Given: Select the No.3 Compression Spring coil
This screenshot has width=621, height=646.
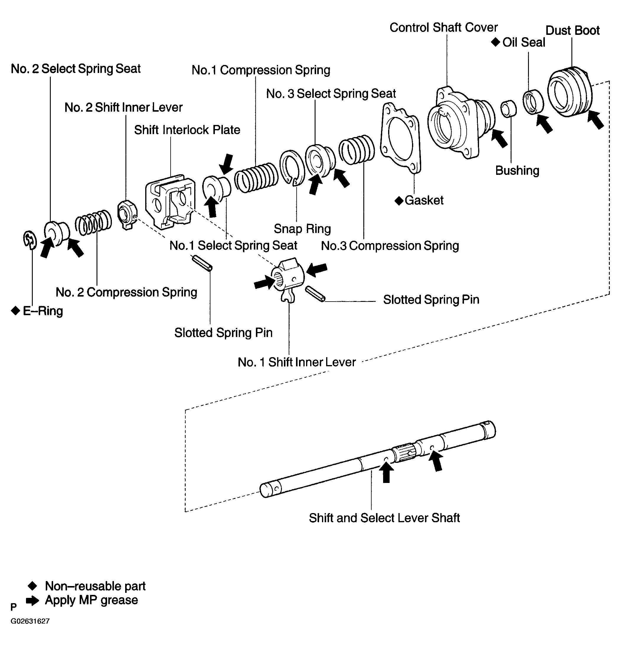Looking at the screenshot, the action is click(357, 149).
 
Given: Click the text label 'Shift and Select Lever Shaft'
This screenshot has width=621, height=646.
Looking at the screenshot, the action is click(384, 518).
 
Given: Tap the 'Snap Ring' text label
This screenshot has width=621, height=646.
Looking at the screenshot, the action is click(302, 228).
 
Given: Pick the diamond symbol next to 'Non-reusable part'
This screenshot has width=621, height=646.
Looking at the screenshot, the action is click(32, 585).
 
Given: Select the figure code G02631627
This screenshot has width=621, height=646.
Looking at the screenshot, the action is click(30, 621).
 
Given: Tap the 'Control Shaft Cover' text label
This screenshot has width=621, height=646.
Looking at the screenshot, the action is click(444, 27).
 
